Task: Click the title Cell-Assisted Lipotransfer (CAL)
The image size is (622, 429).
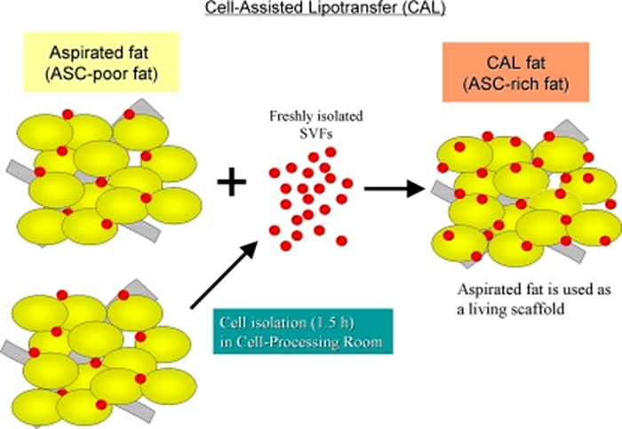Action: pos(310,10)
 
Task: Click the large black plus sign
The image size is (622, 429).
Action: pos(233,185)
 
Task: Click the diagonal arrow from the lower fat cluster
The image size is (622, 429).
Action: pos(227,275)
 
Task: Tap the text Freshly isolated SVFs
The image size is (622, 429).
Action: pos(307,123)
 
